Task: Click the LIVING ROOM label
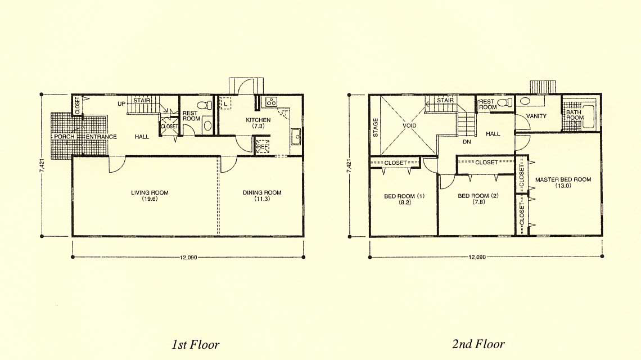pos(150,193)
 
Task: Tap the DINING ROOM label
pos(262,193)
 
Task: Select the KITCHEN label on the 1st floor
pos(258,120)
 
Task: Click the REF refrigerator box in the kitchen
pos(263,146)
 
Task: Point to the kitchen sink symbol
pos(296,137)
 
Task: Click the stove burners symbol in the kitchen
pos(271,102)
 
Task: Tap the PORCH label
pos(64,136)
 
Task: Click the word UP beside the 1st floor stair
pos(121,104)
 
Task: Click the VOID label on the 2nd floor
pos(409,125)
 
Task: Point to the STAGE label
pos(376,128)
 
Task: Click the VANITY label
pos(536,116)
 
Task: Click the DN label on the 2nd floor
pos(467,142)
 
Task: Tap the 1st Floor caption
pos(196,344)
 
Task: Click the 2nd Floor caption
pos(479,344)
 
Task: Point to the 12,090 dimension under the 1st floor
pos(188,257)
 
